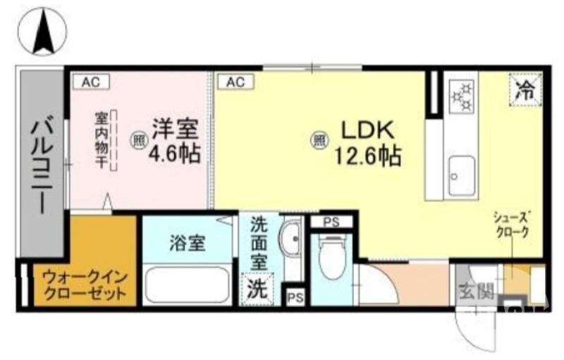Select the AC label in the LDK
235,82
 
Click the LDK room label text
371,132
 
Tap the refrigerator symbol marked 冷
522,89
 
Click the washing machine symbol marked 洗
256,290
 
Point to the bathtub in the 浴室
186,285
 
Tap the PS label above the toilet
331,221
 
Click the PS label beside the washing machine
293,297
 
